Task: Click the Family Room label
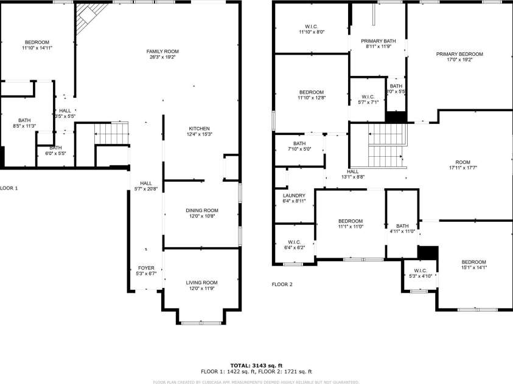click(x=162, y=52)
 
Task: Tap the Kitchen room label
click(x=199, y=129)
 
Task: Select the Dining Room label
click(x=201, y=210)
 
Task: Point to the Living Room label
click(x=201, y=283)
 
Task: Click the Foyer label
click(x=146, y=268)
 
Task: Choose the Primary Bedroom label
click(x=459, y=54)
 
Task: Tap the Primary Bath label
click(x=378, y=41)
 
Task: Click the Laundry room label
click(x=294, y=196)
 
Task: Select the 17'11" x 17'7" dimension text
click(x=463, y=167)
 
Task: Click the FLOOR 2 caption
click(x=282, y=284)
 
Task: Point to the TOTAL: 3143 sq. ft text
click(x=256, y=365)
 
